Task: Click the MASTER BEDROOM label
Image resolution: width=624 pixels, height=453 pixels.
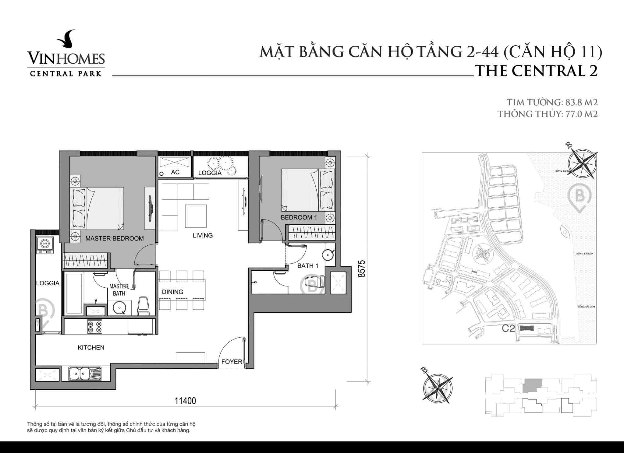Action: [x=114, y=238]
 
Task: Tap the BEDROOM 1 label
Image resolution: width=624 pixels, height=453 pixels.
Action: [x=299, y=217]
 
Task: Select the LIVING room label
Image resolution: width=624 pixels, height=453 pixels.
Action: [x=203, y=235]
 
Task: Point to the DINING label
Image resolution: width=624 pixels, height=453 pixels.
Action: [x=172, y=292]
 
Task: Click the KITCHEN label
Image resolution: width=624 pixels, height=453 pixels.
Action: [x=91, y=347]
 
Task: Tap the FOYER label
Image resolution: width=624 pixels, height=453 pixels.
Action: [x=232, y=362]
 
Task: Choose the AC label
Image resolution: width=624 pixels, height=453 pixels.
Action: [x=175, y=172]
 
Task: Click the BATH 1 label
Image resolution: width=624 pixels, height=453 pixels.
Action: [x=308, y=266]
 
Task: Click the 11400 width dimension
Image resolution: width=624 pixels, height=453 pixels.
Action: [x=185, y=401]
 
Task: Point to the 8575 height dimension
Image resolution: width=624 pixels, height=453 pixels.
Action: [x=361, y=268]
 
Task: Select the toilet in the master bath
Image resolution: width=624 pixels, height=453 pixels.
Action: [x=144, y=306]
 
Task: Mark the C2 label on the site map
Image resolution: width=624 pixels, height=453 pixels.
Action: [x=508, y=328]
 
